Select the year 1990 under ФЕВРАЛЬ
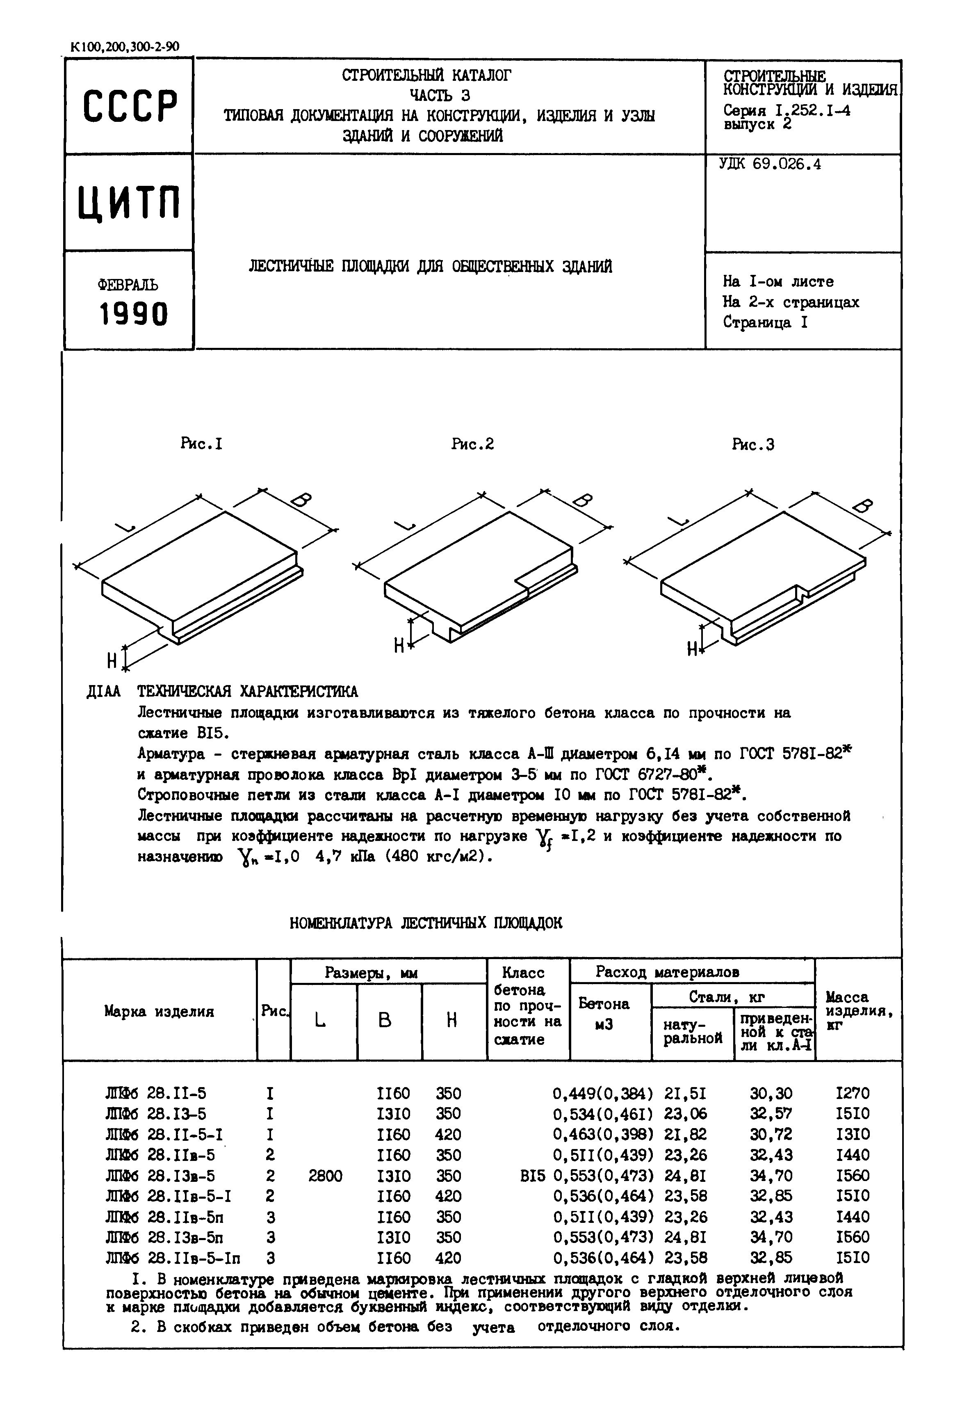click(133, 315)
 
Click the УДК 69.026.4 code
click(770, 164)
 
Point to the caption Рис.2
click(472, 444)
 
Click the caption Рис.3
click(753, 445)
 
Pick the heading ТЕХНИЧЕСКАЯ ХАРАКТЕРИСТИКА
click(247, 692)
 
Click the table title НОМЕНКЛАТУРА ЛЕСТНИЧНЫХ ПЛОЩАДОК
click(426, 923)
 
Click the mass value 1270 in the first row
click(853, 1094)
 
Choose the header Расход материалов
click(667, 972)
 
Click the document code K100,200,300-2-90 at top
click(125, 47)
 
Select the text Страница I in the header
click(765, 322)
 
